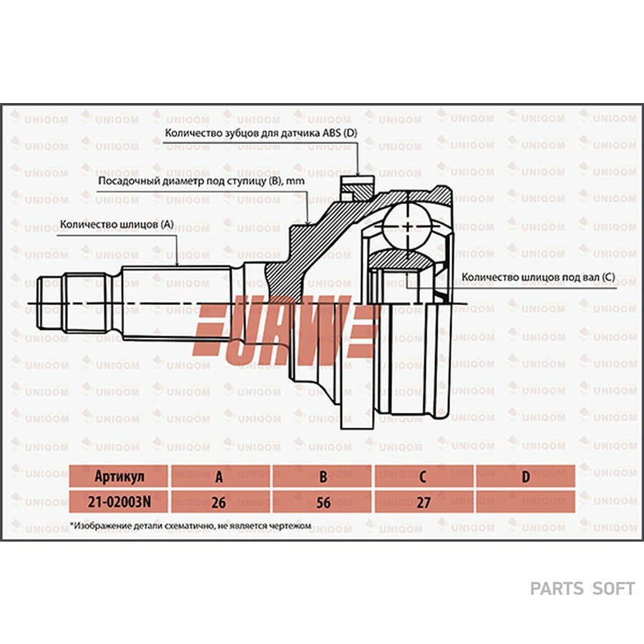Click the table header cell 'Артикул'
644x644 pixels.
click(118, 477)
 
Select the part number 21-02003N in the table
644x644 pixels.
click(118, 502)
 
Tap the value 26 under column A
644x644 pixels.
click(220, 502)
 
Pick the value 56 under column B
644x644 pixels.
click(323, 502)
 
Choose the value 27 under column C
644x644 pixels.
click(424, 502)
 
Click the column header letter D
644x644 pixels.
click(526, 477)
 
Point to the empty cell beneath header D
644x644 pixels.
click(526, 502)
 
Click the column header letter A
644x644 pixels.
click(220, 477)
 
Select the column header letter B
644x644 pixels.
click(323, 477)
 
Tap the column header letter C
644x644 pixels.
click(423, 477)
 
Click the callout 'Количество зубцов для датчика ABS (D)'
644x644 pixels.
click(261, 134)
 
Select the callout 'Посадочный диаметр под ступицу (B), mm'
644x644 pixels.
click(202, 181)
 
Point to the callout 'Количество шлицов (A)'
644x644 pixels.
click(117, 224)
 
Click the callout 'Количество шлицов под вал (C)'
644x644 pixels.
click(538, 277)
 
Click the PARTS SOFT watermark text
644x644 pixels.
click(582, 589)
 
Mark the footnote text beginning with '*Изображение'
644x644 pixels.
click(190, 526)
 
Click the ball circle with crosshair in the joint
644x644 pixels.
click(407, 226)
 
